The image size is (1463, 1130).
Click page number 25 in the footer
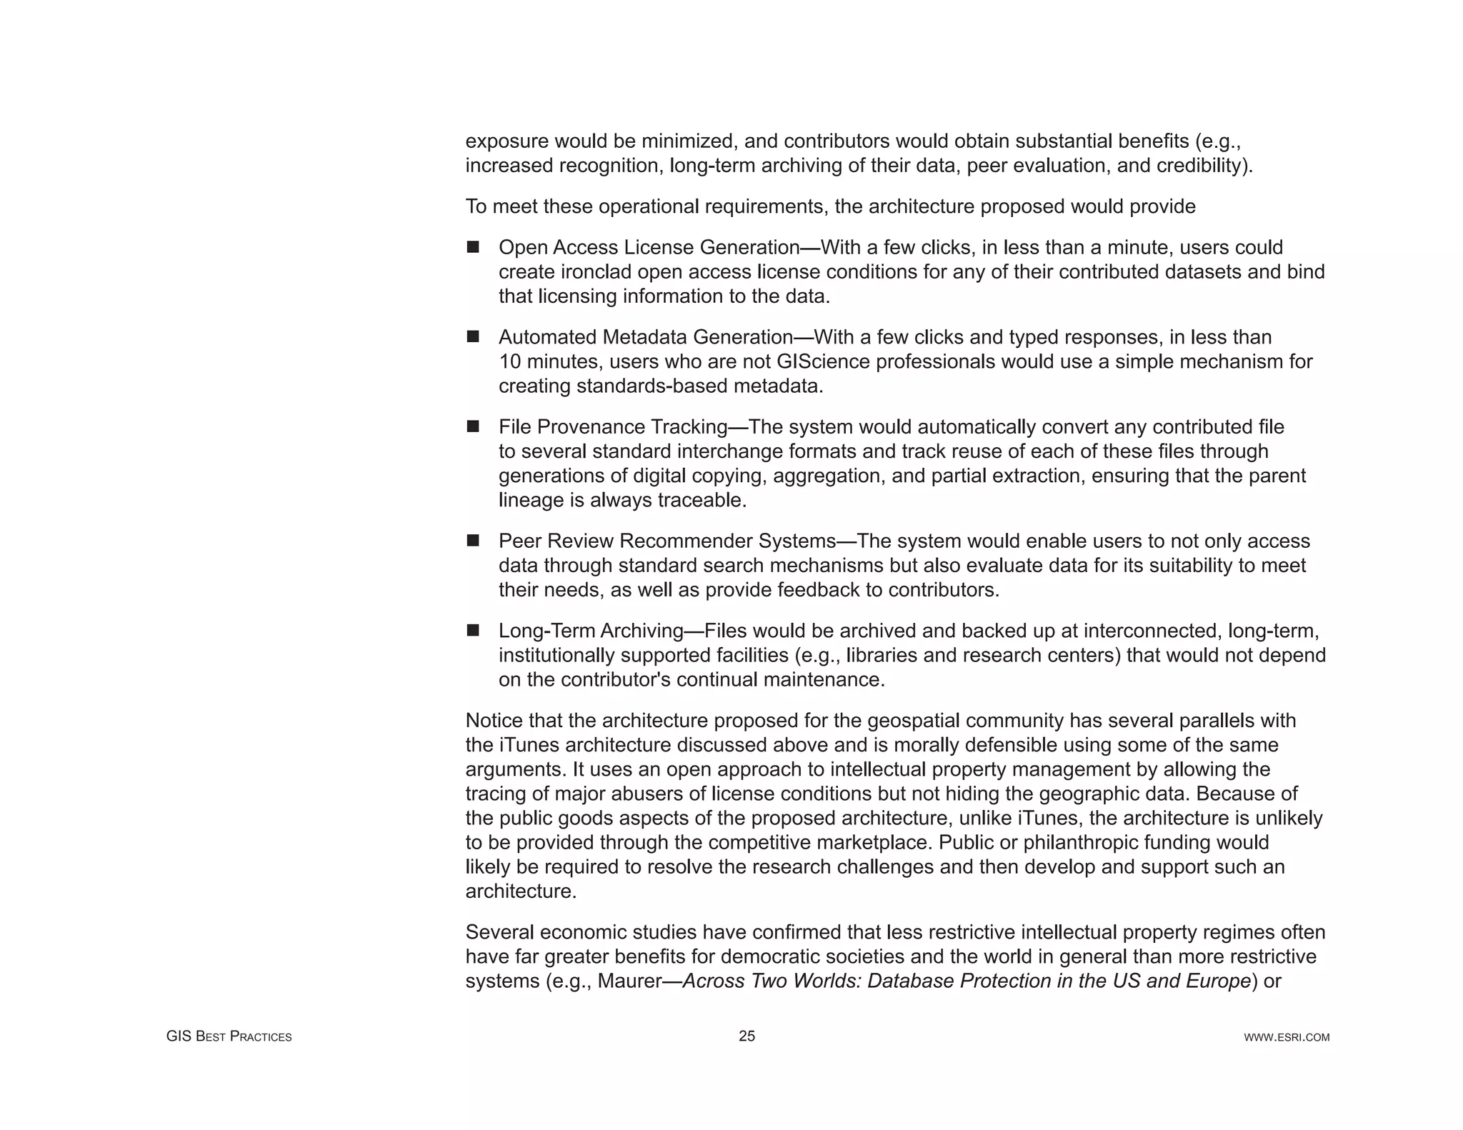pyautogui.click(x=747, y=1036)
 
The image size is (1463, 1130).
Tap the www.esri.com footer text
pyautogui.click(x=1287, y=1037)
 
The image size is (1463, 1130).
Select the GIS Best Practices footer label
pyautogui.click(x=229, y=1036)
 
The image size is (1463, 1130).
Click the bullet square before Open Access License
pyautogui.click(x=473, y=247)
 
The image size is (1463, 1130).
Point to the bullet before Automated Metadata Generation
pyautogui.click(x=473, y=336)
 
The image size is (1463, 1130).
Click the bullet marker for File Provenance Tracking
pyautogui.click(x=473, y=426)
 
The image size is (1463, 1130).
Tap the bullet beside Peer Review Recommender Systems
pyautogui.click(x=473, y=541)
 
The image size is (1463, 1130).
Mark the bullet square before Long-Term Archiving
pyautogui.click(x=473, y=631)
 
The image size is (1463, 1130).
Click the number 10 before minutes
pyautogui.click(x=510, y=361)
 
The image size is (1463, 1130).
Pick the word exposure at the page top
pyautogui.click(x=506, y=141)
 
